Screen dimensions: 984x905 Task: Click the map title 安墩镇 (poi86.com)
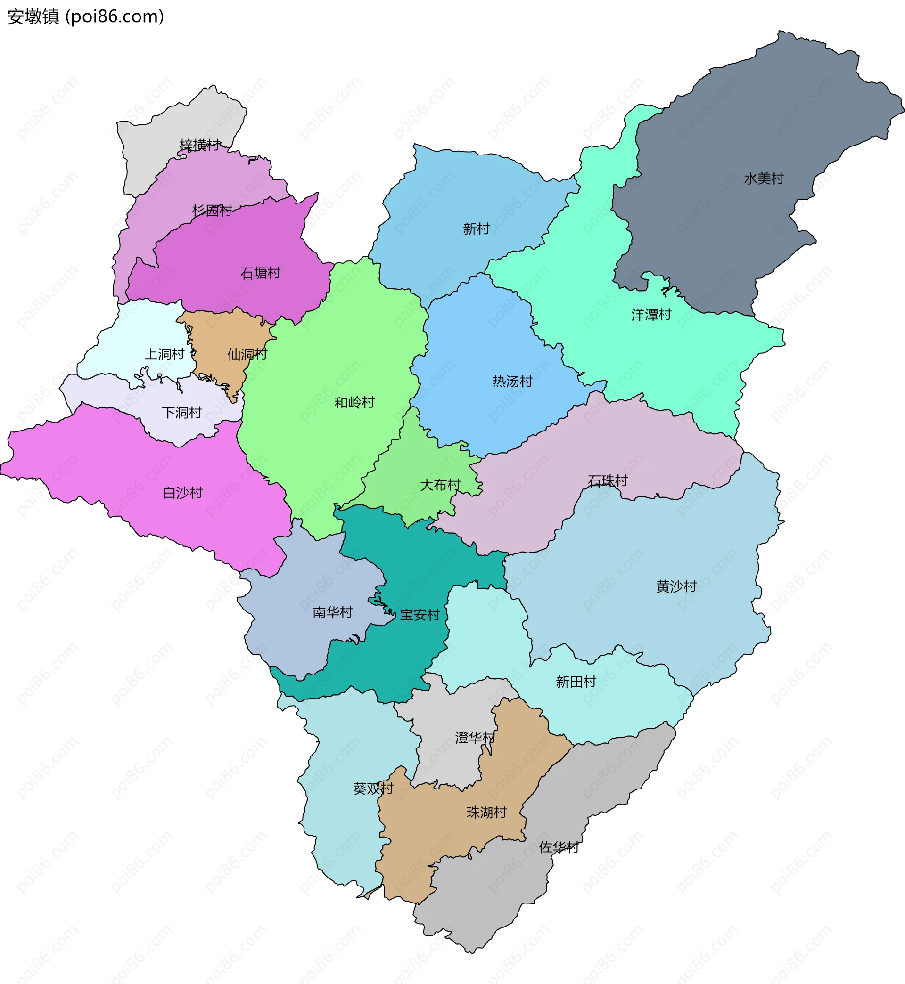point(85,16)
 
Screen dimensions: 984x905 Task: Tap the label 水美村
point(764,179)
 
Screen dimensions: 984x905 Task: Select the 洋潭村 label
point(651,315)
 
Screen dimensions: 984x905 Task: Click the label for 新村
point(476,228)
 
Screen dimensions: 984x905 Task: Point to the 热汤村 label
point(512,381)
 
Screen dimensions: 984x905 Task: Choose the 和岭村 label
point(354,402)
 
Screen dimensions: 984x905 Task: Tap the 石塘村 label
point(260,273)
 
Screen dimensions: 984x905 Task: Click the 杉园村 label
point(212,211)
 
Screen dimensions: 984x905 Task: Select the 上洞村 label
point(164,354)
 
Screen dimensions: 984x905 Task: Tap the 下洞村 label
point(181,413)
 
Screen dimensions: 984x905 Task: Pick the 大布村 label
point(440,485)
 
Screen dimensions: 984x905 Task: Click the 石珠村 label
point(607,480)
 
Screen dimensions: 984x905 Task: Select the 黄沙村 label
point(676,586)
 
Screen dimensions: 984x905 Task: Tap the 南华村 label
point(332,612)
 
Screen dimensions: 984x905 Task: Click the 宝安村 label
point(420,615)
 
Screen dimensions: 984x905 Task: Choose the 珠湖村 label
point(486,812)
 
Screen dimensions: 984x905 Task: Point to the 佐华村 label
point(559,847)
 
